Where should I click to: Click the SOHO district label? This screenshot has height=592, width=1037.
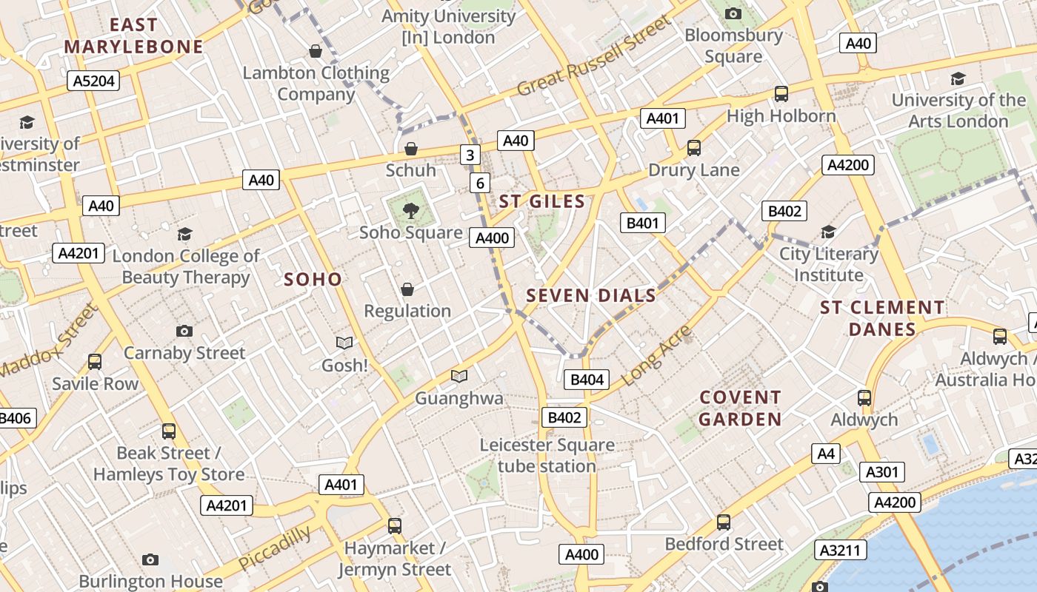(x=313, y=279)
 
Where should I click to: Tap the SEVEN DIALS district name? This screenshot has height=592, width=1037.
(x=591, y=296)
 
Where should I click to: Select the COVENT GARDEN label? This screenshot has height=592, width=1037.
(x=741, y=408)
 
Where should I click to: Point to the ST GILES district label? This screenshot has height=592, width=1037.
(x=542, y=201)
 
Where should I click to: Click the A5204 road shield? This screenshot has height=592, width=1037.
(x=93, y=81)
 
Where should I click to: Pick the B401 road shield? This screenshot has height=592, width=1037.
(x=642, y=223)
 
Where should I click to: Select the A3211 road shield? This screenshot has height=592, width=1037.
(x=841, y=550)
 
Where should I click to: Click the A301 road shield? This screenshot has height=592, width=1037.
(x=881, y=472)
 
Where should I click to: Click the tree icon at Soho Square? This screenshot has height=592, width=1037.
(x=410, y=211)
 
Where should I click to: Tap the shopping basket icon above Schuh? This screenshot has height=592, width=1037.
(x=411, y=149)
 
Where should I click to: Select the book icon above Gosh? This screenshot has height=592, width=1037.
(x=344, y=343)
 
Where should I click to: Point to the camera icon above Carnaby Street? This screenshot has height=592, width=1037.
(x=184, y=331)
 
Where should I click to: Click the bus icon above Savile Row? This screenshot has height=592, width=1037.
(x=95, y=362)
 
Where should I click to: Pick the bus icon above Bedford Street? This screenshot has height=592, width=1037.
(x=724, y=522)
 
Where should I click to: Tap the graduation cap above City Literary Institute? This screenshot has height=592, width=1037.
(x=828, y=232)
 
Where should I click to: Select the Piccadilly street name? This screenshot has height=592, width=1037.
(x=275, y=548)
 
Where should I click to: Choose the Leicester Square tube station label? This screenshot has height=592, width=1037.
(x=547, y=456)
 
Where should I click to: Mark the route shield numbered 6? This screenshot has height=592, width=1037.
(x=480, y=183)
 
